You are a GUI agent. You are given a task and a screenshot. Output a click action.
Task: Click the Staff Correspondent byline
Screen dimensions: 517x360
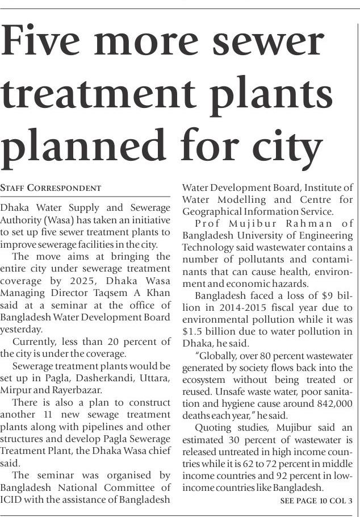[51, 187]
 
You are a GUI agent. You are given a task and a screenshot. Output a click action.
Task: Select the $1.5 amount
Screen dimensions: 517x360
[194, 332]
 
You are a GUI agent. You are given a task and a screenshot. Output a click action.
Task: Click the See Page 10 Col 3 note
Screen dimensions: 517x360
[316, 501]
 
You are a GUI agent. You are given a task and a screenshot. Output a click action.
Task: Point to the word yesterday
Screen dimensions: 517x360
[22, 329]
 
